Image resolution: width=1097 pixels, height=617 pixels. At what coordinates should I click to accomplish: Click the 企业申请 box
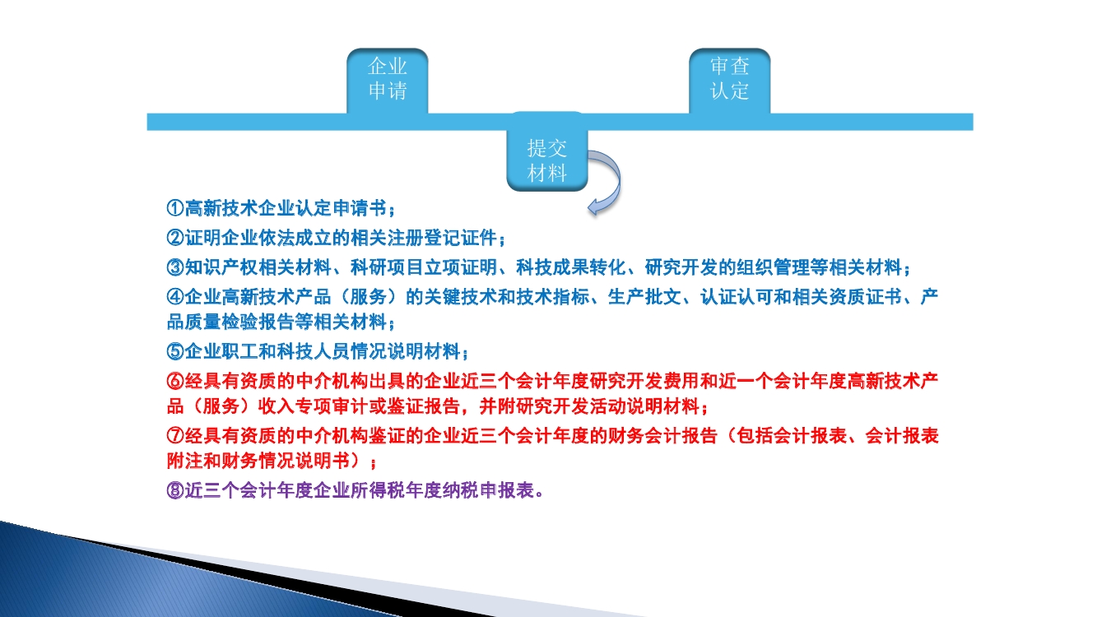[x=388, y=81]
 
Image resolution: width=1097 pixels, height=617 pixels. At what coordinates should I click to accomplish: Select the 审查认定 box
[x=730, y=81]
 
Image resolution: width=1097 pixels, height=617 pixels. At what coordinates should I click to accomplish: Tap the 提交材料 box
[x=547, y=152]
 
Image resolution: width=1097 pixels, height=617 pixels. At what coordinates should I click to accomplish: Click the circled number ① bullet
[x=175, y=208]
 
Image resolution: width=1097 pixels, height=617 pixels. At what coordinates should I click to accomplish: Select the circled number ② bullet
[x=175, y=238]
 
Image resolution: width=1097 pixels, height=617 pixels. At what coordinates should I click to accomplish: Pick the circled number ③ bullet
[x=175, y=267]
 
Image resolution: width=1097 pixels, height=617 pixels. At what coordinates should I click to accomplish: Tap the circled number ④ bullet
[x=175, y=297]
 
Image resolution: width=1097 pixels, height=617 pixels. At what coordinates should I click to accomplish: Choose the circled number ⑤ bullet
[x=175, y=351]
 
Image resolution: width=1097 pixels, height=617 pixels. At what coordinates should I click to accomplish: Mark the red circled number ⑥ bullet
[x=175, y=381]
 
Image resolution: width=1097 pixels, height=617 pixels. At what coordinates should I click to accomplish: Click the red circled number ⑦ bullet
[x=175, y=436]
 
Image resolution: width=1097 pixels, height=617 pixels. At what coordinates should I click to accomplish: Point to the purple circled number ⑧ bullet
[x=175, y=490]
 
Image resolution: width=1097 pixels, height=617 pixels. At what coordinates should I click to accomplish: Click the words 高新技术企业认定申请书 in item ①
[x=286, y=208]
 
